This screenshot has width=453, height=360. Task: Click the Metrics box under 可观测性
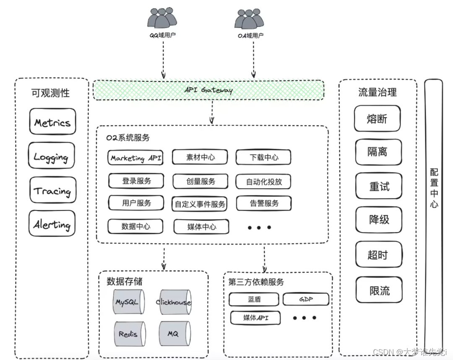pyautogui.click(x=52, y=122)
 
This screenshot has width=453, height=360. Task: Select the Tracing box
pyautogui.click(x=53, y=190)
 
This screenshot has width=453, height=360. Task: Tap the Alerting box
pyautogui.click(x=52, y=224)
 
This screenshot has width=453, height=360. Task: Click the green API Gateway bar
pyautogui.click(x=208, y=90)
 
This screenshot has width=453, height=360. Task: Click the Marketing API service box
pyautogui.click(x=135, y=158)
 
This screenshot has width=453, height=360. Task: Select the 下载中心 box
pyautogui.click(x=263, y=158)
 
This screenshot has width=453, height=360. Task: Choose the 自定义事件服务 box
pyautogui.click(x=200, y=204)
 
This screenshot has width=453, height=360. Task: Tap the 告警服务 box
pyautogui.click(x=264, y=203)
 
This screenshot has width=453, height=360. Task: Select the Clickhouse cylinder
pyautogui.click(x=173, y=302)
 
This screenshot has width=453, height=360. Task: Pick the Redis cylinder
pyautogui.click(x=128, y=334)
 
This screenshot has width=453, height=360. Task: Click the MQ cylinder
pyautogui.click(x=173, y=334)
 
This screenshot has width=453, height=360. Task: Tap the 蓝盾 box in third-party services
pyautogui.click(x=254, y=299)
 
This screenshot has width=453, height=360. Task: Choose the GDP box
pyautogui.click(x=306, y=299)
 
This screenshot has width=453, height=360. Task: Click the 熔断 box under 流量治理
pyautogui.click(x=377, y=119)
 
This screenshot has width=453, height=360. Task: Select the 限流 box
pyautogui.click(x=379, y=290)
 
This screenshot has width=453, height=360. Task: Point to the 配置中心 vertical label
pyautogui.click(x=434, y=189)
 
